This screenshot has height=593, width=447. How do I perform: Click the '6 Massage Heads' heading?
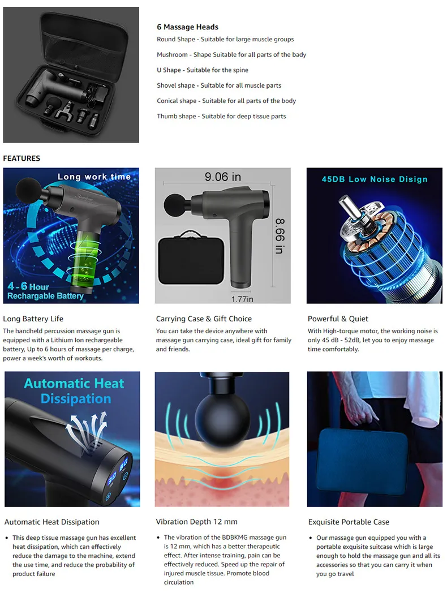click(187, 27)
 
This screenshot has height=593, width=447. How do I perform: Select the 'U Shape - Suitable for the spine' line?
click(202, 70)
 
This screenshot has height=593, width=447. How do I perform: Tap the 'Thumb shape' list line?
click(221, 116)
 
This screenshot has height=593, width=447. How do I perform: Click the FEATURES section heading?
click(22, 158)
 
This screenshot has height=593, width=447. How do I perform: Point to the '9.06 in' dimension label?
click(222, 177)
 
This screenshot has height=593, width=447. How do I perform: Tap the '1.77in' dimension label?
click(242, 298)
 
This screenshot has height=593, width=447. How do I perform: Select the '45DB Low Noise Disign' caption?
click(375, 179)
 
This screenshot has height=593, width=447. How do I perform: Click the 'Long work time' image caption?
click(94, 177)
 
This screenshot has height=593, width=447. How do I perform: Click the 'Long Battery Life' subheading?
click(33, 319)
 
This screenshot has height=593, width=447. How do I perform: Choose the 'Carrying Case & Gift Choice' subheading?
click(204, 319)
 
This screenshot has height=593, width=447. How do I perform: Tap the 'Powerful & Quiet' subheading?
click(338, 319)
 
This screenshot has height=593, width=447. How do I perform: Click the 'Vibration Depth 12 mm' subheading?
click(196, 522)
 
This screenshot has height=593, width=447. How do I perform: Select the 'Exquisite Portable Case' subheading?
click(349, 522)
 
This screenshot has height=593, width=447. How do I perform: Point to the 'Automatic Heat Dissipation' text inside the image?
click(74, 390)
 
